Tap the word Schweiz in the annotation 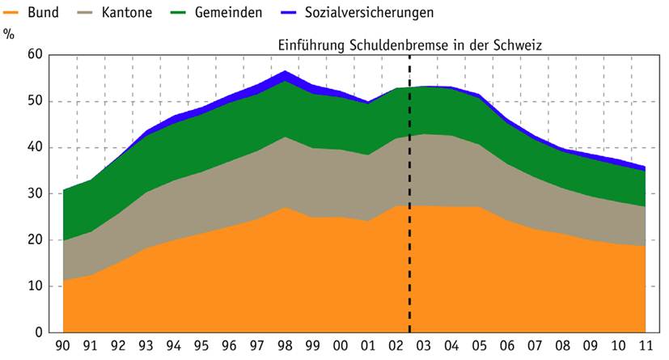(x=518, y=45)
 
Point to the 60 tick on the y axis (x=33, y=55)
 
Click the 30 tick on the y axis (x=33, y=193)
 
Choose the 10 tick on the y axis (x=33, y=286)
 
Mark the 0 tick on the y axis (x=36, y=332)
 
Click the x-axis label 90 (x=62, y=347)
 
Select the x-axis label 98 (x=285, y=347)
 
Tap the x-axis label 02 (x=396, y=347)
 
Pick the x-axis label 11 (x=645, y=347)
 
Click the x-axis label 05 (x=479, y=347)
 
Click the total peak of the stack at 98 (x=285, y=72)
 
